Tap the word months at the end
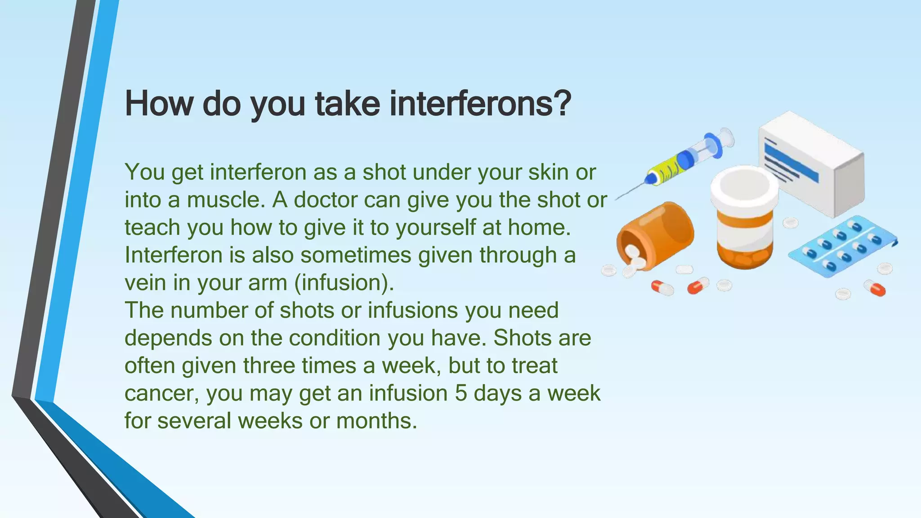(376, 421)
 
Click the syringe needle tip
(617, 198)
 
